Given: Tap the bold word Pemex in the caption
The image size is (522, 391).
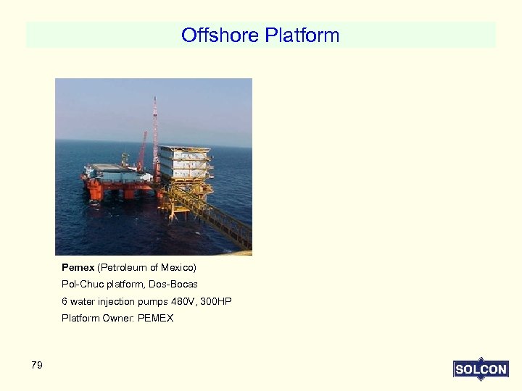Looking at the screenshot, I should point(78,268).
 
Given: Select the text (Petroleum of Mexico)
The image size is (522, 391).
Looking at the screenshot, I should point(147,268).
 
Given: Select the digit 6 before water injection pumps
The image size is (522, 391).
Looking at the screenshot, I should point(65,301).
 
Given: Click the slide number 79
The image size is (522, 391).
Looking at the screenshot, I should point(37,365).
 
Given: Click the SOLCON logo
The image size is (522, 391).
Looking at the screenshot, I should point(480,369).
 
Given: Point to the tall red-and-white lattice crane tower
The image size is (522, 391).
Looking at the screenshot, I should point(154,134).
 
